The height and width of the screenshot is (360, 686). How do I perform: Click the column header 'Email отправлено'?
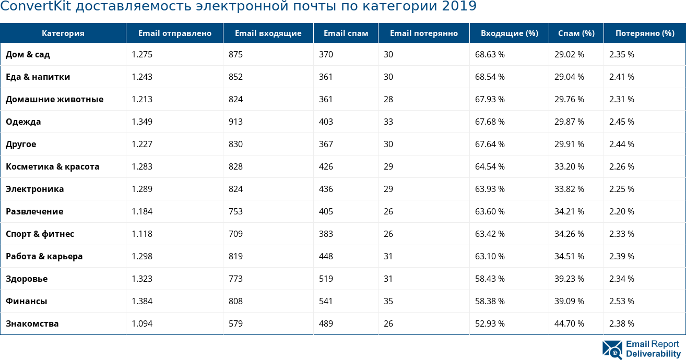pyautogui.click(x=174, y=33)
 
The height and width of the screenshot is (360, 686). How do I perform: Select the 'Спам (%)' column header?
pyautogui.click(x=576, y=33)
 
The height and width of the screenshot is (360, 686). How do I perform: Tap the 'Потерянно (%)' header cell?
pyautogui.click(x=645, y=33)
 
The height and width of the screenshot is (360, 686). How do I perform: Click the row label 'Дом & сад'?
pyautogui.click(x=28, y=54)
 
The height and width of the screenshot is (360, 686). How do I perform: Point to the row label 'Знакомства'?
pyautogui.click(x=32, y=323)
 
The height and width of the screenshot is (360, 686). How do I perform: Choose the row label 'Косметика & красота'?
pyautogui.click(x=52, y=166)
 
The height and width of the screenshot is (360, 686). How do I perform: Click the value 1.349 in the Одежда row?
pyautogui.click(x=142, y=122)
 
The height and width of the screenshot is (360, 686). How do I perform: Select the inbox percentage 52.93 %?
pyautogui.click(x=490, y=323)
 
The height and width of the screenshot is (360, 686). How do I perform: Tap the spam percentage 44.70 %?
pyautogui.click(x=569, y=323)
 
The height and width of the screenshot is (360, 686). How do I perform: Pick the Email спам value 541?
pyautogui.click(x=326, y=301)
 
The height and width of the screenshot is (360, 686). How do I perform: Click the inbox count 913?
pyautogui.click(x=235, y=122)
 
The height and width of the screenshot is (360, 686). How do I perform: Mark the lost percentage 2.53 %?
pyautogui.click(x=621, y=301)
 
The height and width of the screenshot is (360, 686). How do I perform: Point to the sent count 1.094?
pyautogui.click(x=142, y=323)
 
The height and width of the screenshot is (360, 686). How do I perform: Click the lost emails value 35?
pyautogui.click(x=388, y=301)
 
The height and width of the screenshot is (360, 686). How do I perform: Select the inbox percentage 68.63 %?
pyautogui.click(x=490, y=54)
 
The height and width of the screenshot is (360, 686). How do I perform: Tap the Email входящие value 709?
pyautogui.click(x=235, y=234)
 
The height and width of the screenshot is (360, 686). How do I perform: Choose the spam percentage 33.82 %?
pyautogui.click(x=569, y=189)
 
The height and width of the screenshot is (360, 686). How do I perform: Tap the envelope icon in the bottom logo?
pyautogui.click(x=612, y=350)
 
